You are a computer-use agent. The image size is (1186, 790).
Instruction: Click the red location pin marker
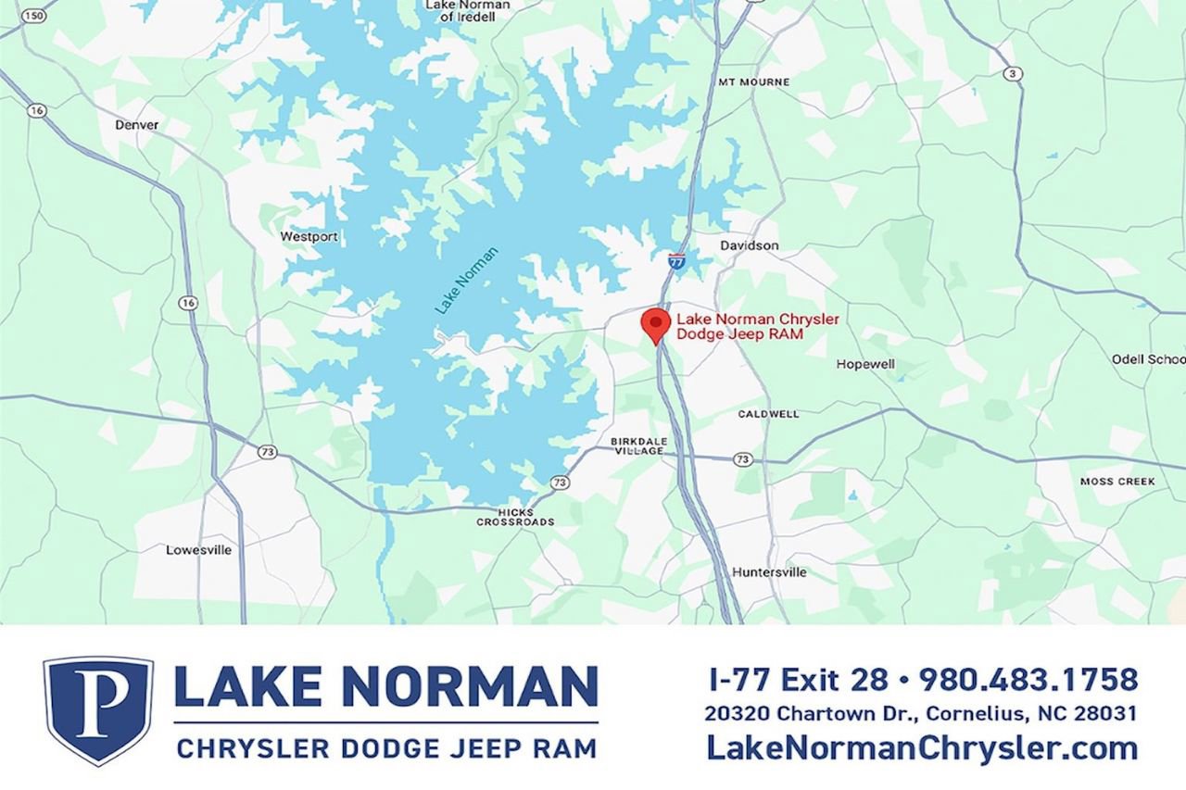(656, 325)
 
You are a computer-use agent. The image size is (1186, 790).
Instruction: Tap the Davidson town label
(750, 245)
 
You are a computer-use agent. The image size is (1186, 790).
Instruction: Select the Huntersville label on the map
(769, 572)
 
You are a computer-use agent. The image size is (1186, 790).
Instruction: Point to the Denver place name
(137, 125)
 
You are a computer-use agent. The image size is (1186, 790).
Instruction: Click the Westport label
(309, 237)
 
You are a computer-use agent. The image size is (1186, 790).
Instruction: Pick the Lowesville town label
(198, 550)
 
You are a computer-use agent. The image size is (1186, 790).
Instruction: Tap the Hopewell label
(865, 365)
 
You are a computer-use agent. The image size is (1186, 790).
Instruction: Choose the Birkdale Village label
(637, 445)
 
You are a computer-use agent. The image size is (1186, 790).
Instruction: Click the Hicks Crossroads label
(515, 517)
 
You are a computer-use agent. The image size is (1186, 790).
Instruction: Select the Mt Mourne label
(754, 82)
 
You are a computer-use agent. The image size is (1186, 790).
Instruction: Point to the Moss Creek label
(1117, 482)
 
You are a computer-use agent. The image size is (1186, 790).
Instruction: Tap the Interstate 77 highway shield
(677, 261)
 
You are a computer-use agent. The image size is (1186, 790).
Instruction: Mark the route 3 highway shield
(1014, 73)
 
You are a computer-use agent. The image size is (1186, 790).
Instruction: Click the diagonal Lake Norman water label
(467, 280)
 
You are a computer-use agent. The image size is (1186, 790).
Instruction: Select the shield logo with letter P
(98, 709)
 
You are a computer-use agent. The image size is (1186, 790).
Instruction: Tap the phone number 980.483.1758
(1028, 680)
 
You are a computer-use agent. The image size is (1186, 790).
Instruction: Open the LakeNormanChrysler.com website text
(921, 747)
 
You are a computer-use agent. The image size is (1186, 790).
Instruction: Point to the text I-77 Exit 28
(798, 680)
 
